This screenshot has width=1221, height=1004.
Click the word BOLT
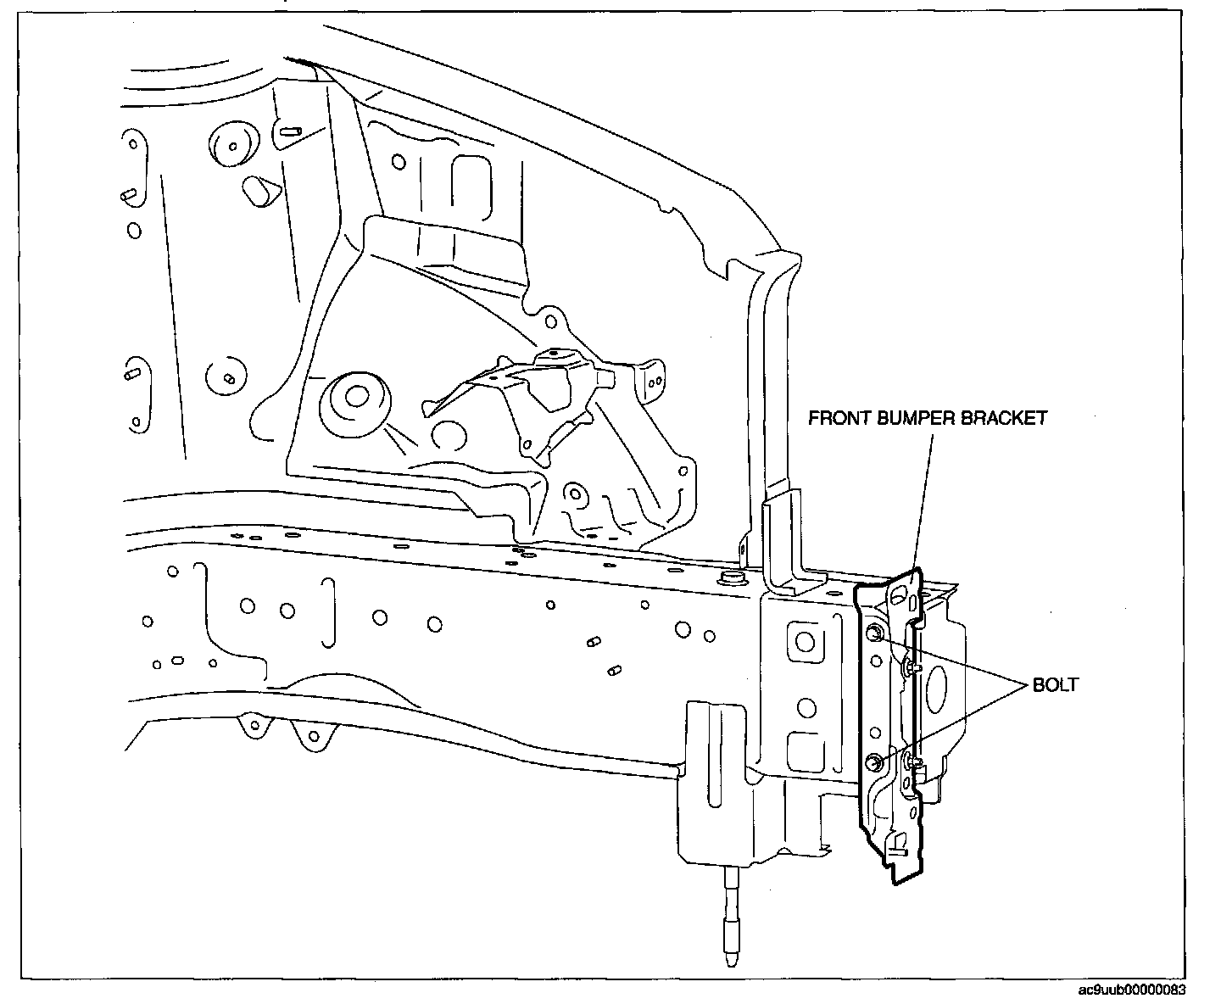[1056, 684]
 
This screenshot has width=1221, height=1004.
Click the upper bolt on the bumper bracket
[874, 633]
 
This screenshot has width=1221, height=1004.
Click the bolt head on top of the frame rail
[728, 578]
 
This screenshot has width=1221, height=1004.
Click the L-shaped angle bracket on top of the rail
[789, 543]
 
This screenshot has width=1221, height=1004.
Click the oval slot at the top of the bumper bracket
[907, 600]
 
